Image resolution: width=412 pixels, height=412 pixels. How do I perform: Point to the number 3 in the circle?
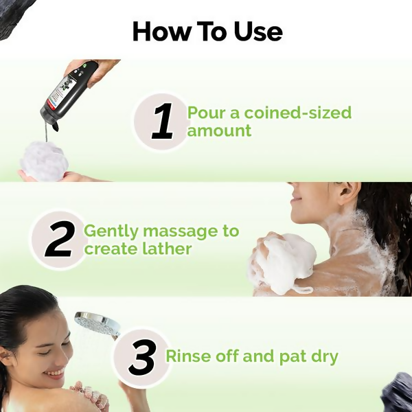coord(141,358)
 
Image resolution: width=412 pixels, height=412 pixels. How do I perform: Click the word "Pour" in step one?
coord(207,112)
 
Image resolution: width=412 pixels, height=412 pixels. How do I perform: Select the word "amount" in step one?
coord(220,130)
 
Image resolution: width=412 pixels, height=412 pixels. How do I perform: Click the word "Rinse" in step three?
coord(187,356)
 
